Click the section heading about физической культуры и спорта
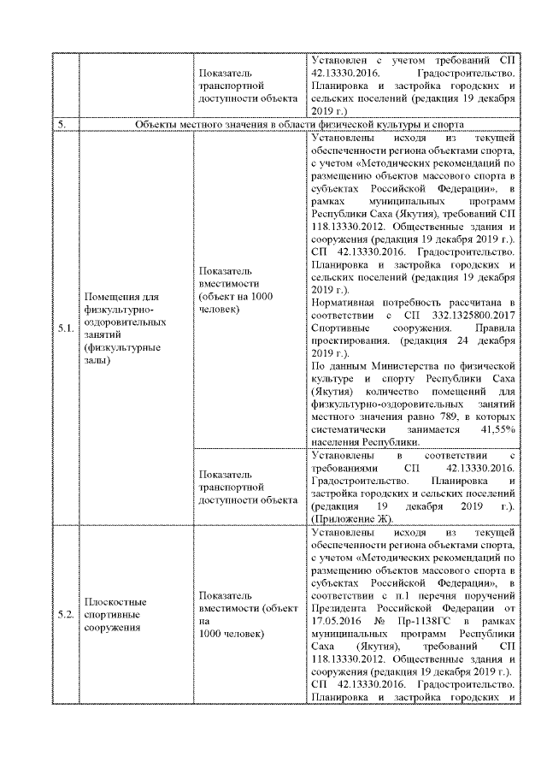click(304, 124)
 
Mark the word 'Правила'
click(493, 328)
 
